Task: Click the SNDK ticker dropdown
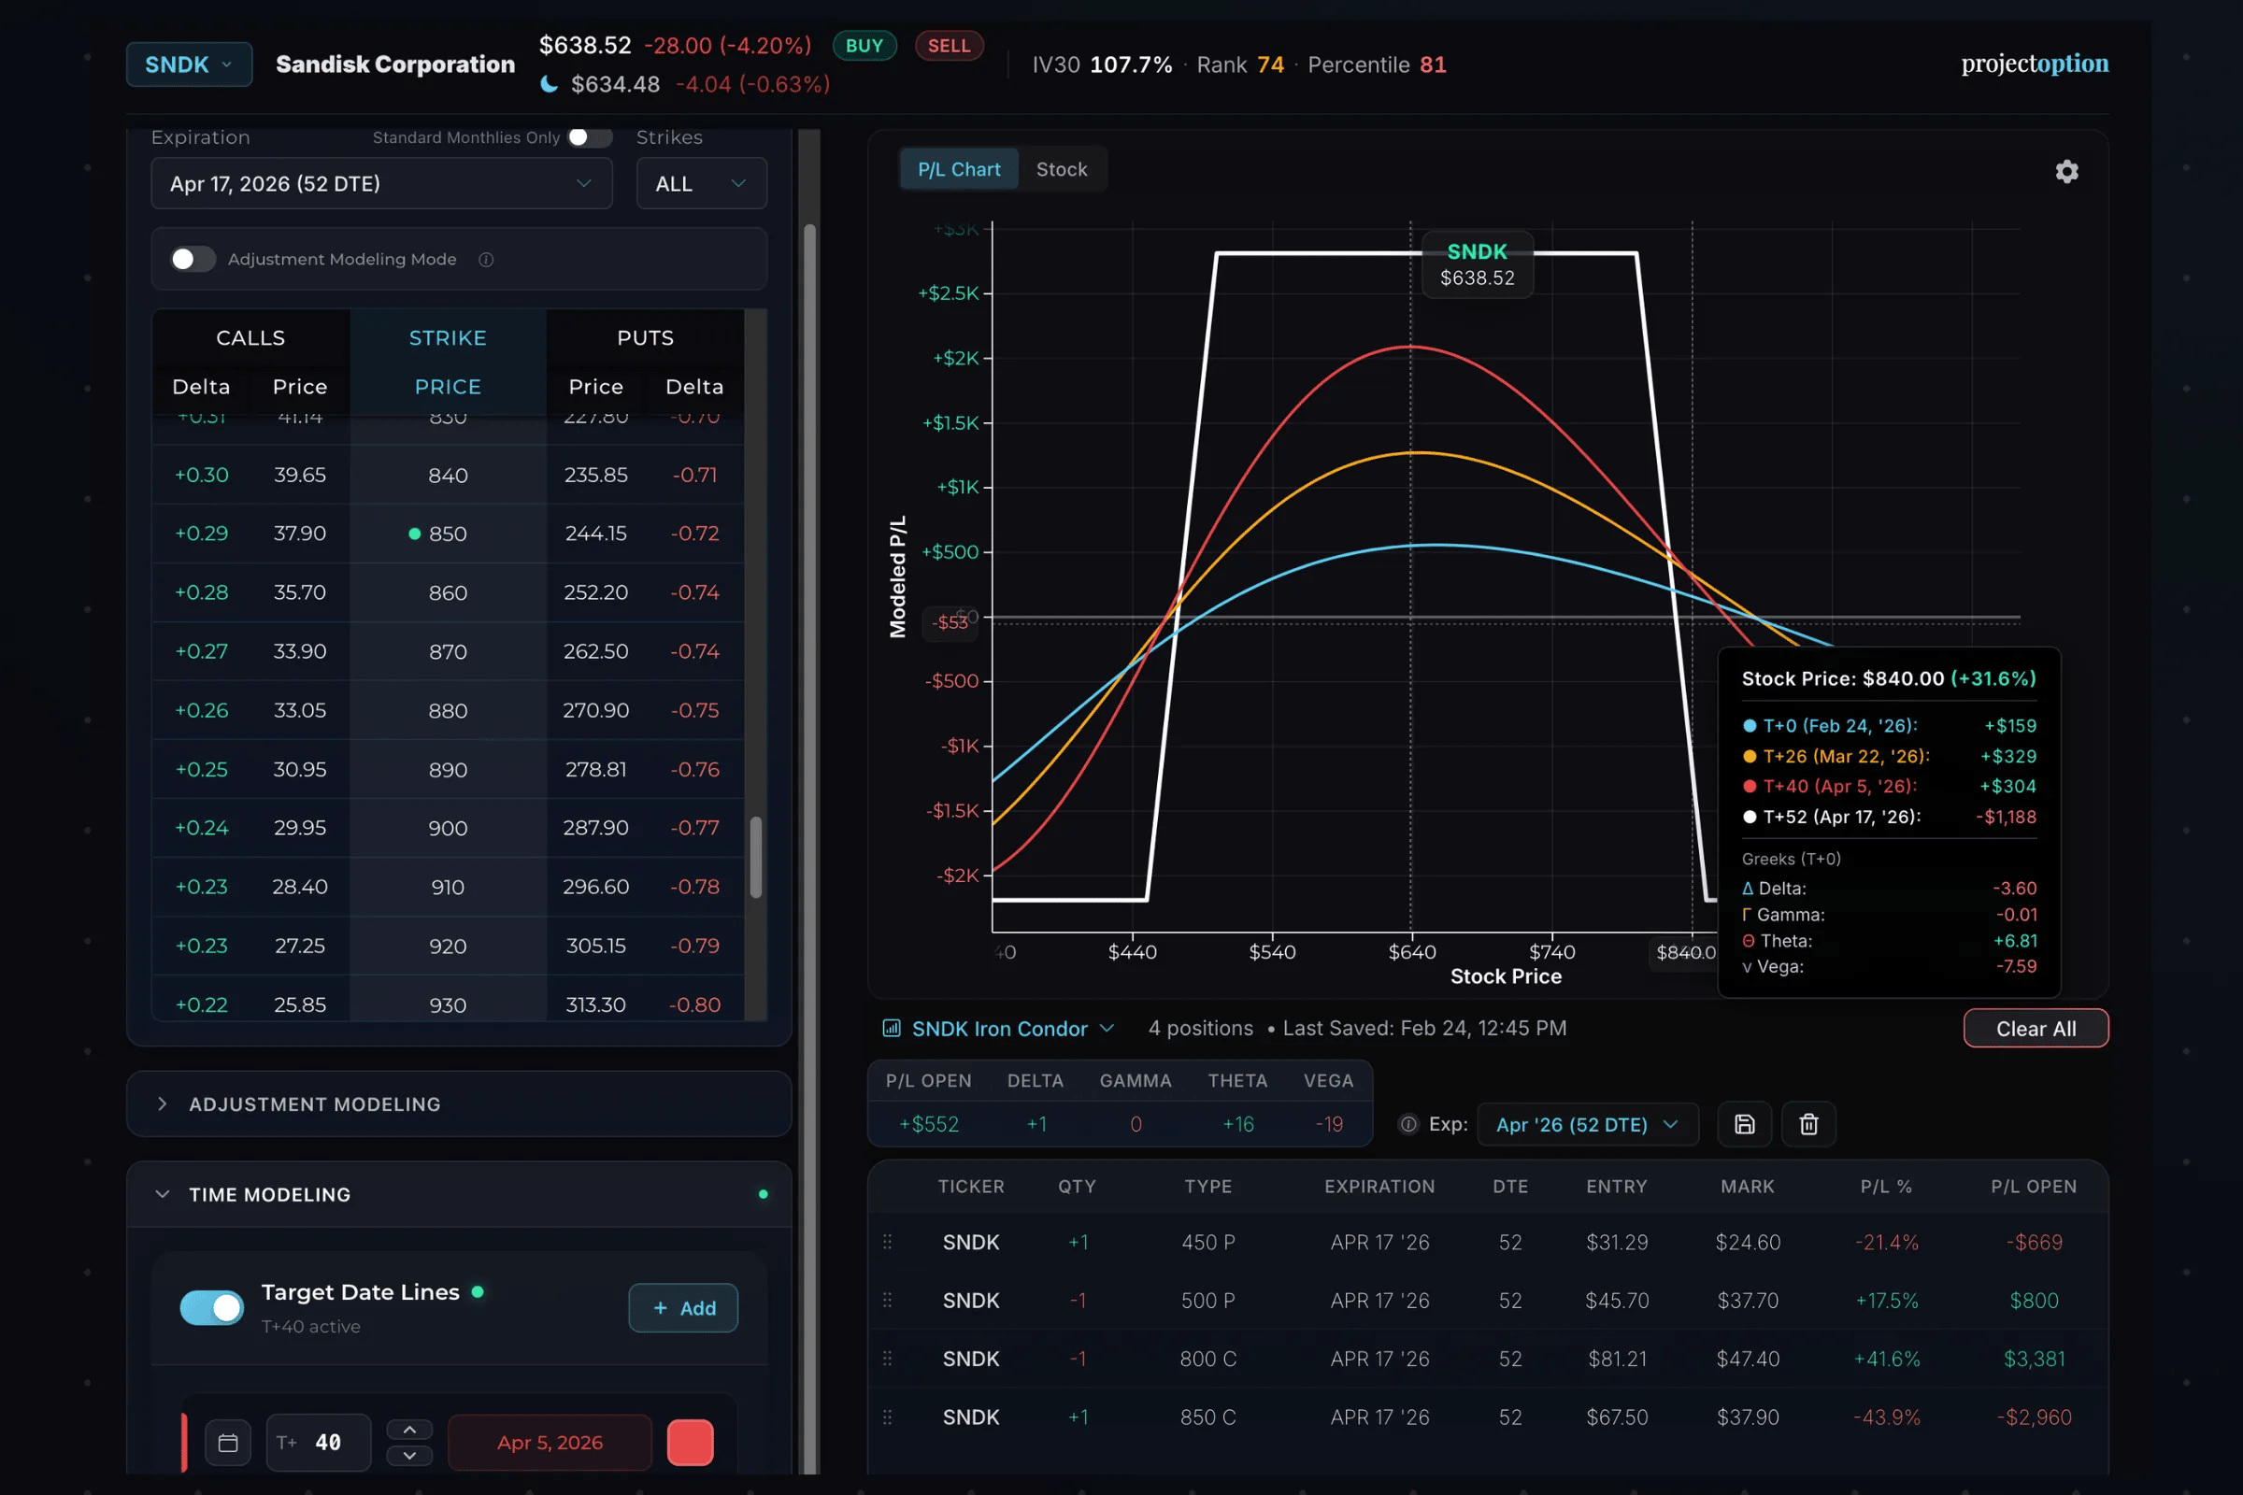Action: [189, 64]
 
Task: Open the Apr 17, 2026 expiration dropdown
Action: [380, 183]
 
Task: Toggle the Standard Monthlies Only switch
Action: [589, 137]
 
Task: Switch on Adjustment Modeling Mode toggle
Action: [193, 260]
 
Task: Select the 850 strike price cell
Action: [447, 534]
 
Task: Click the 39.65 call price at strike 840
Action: [299, 475]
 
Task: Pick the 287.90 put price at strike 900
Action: [595, 828]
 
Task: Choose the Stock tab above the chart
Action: [1061, 170]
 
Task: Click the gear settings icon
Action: [2065, 172]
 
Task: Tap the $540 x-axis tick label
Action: [1271, 951]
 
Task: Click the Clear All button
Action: [2036, 1029]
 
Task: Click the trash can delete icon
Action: [1808, 1124]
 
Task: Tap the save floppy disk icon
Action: [1743, 1124]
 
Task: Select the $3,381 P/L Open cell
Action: [2034, 1359]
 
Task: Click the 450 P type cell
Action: [1207, 1243]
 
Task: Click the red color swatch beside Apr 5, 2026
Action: [690, 1442]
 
